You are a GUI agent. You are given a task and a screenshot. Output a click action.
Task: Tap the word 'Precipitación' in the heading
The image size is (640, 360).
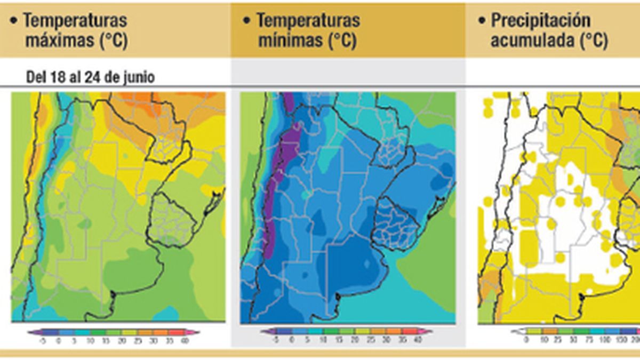[x=540, y=20]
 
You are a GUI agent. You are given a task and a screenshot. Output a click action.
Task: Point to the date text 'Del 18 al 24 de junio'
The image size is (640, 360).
[x=90, y=77]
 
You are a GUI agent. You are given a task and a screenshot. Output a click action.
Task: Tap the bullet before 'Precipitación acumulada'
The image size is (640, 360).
[x=482, y=21]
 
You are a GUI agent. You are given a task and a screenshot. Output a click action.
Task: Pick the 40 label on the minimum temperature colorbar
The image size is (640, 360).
[x=418, y=340]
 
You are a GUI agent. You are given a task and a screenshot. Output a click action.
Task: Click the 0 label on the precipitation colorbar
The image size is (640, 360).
[x=526, y=340]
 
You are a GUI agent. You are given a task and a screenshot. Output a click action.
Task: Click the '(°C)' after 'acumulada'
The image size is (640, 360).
[x=593, y=41]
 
